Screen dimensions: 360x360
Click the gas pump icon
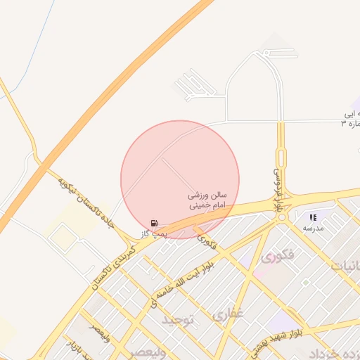(154, 223)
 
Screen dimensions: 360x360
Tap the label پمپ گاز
(154, 233)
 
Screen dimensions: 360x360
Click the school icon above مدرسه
(313, 218)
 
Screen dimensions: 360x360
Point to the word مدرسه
(313, 229)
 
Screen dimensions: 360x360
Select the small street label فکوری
(207, 243)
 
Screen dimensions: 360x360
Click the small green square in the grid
(306, 282)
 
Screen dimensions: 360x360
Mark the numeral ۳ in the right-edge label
(344, 124)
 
